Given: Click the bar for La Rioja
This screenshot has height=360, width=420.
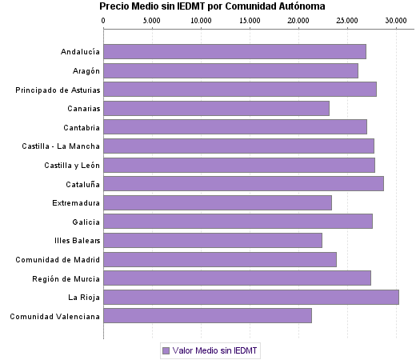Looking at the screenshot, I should pyautogui.click(x=250, y=298).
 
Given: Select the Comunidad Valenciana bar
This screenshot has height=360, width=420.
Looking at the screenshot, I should pyautogui.click(x=207, y=316).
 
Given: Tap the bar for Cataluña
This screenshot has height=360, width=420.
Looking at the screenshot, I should pyautogui.click(x=243, y=183).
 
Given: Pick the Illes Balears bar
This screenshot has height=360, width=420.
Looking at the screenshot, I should pyautogui.click(x=213, y=240).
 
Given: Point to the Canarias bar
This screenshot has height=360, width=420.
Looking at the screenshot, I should pyautogui.click(x=216, y=108).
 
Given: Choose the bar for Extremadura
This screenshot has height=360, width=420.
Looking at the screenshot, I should pyautogui.click(x=218, y=202).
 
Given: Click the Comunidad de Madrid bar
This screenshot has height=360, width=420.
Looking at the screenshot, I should pyautogui.click(x=220, y=259).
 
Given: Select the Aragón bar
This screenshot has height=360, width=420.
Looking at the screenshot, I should pyautogui.click(x=230, y=70).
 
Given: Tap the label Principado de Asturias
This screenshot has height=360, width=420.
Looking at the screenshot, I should pyautogui.click(x=58, y=90).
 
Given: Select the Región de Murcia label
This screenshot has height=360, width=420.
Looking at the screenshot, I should pyautogui.click(x=66, y=278).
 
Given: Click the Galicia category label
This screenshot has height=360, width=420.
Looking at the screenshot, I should pyautogui.click(x=86, y=222).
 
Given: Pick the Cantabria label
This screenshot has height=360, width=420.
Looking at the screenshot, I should pyautogui.click(x=82, y=127).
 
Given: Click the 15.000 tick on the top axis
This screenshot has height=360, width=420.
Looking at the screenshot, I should pyautogui.click(x=250, y=20).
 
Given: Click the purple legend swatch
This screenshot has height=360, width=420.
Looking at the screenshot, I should pyautogui.click(x=166, y=350).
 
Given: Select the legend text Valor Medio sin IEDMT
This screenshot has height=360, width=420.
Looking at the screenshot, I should pyautogui.click(x=215, y=350).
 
